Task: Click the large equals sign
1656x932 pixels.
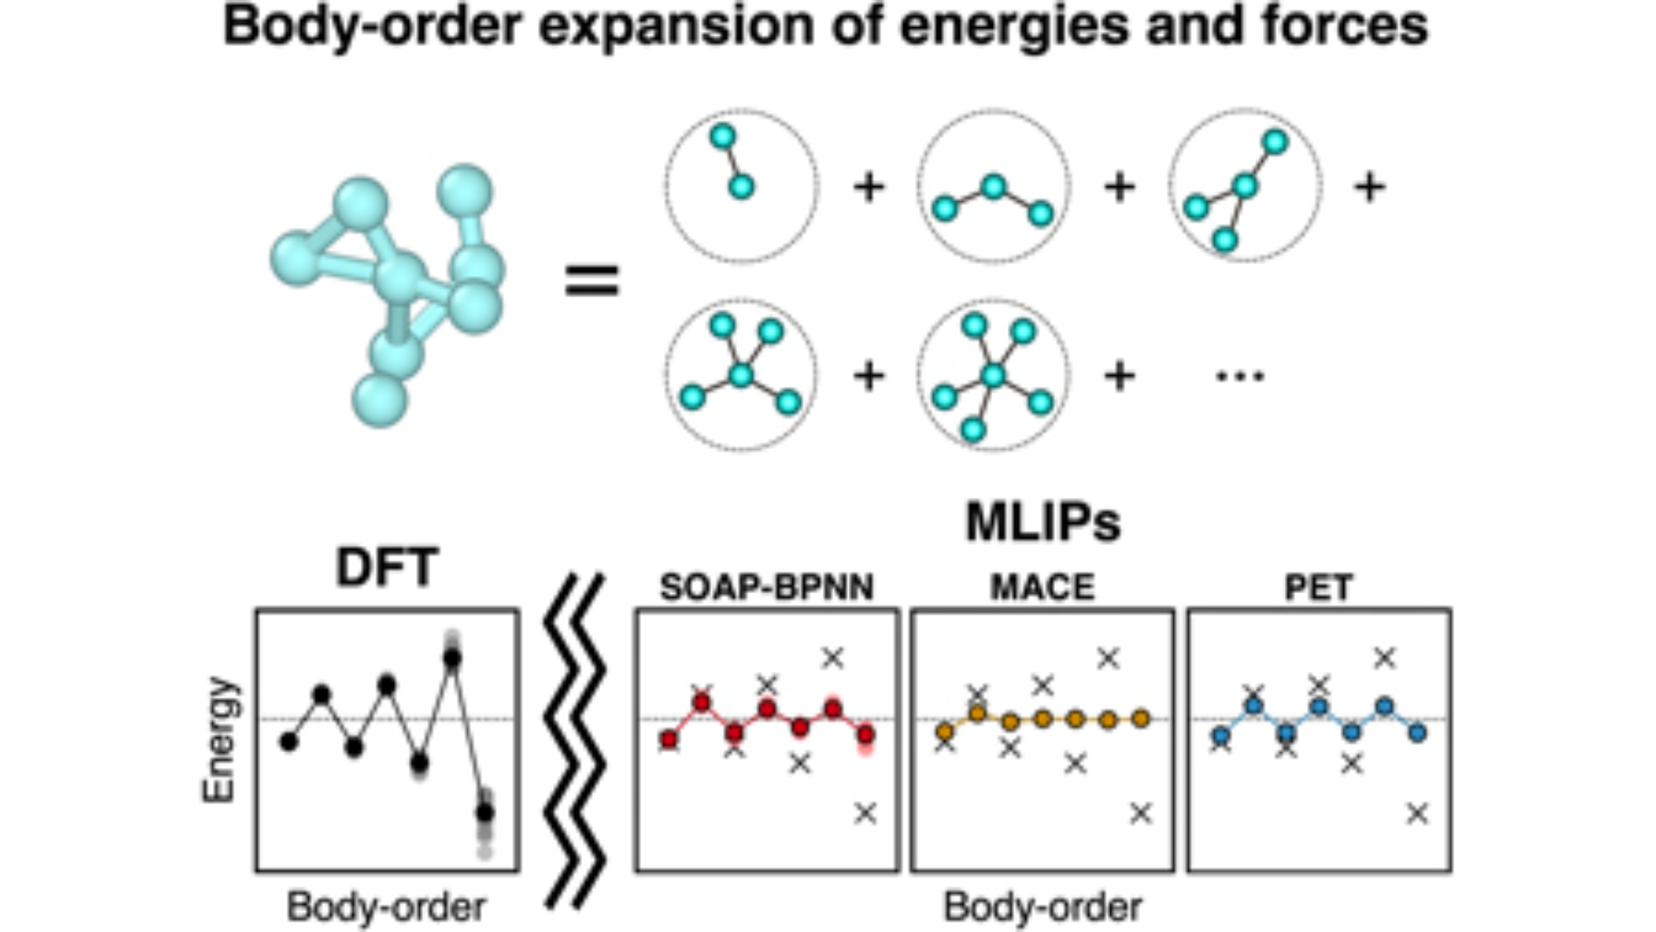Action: (591, 280)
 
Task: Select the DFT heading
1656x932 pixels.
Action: (387, 567)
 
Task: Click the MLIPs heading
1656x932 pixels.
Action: (1042, 523)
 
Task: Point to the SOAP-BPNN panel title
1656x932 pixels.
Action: (767, 587)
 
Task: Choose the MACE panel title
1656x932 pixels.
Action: (1042, 587)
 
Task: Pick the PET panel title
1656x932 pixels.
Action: (1319, 587)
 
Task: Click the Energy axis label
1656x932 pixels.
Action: (219, 739)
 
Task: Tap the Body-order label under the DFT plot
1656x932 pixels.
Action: (386, 906)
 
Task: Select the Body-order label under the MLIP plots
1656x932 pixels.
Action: (1042, 906)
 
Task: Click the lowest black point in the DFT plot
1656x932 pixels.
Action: (485, 812)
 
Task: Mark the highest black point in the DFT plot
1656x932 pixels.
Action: (452, 658)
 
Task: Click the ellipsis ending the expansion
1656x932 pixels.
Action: (1240, 377)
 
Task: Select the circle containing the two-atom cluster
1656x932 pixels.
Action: (741, 186)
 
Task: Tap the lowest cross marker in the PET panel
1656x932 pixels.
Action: (1418, 814)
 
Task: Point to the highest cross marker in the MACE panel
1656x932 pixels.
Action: (1108, 658)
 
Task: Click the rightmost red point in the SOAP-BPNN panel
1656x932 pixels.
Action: (865, 735)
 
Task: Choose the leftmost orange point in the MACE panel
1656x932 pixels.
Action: (945, 732)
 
